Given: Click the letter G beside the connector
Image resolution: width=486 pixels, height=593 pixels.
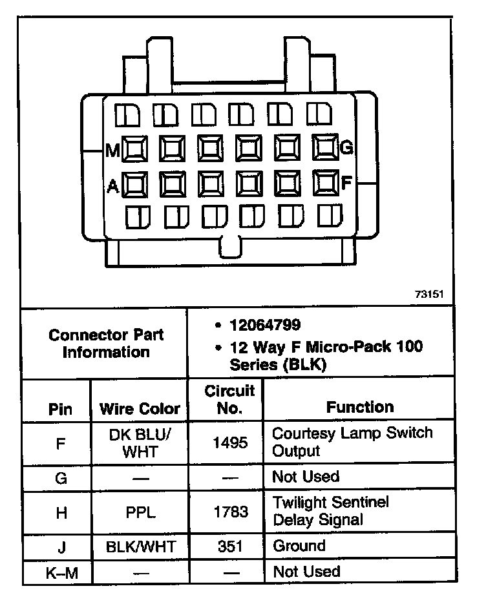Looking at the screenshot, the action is click(x=346, y=149).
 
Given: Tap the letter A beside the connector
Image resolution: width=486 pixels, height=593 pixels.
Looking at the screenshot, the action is click(x=112, y=187).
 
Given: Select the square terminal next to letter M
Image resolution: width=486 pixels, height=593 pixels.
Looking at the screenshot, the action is click(x=134, y=149).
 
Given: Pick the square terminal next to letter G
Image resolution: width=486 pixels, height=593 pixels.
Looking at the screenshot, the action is click(x=325, y=148).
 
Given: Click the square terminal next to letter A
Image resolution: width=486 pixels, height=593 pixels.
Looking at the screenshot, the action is click(x=134, y=185).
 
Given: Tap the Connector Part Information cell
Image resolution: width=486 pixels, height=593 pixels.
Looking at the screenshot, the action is click(x=106, y=344).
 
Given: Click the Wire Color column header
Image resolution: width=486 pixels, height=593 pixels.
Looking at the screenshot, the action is click(x=140, y=409).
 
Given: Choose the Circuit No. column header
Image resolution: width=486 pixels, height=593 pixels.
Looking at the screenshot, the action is click(x=229, y=400).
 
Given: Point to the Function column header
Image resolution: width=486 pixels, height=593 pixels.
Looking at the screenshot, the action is click(x=360, y=407).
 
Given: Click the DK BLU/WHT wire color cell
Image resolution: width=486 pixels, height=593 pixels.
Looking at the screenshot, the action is click(x=140, y=442).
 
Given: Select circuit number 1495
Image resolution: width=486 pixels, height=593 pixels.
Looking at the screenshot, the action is click(x=230, y=443).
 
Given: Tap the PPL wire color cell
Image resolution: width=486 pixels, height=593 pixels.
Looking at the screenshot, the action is click(x=140, y=512).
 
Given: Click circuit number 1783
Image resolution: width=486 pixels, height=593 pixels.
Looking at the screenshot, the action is click(x=230, y=512).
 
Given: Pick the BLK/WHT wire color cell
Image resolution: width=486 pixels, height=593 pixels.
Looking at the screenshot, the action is click(x=140, y=546).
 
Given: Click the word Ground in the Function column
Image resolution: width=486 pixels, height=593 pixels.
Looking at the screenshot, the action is click(x=299, y=546).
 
